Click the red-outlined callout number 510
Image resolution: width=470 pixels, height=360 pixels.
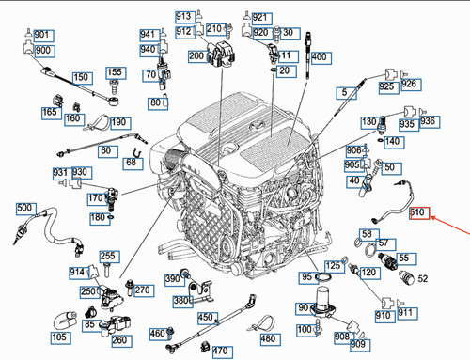[x=419, y=213]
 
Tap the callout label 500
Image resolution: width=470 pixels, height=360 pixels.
[x=24, y=208]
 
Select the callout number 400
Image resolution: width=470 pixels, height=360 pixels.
[x=319, y=57]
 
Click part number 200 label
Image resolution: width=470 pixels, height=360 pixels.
[x=196, y=56]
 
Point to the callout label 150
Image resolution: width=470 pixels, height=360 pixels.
[x=82, y=77]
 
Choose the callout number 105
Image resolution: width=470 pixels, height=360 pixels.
[x=58, y=337]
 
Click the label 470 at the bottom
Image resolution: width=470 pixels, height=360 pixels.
[x=221, y=351]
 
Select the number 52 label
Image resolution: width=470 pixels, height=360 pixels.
[x=422, y=278]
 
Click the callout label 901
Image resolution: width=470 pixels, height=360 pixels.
[x=41, y=35]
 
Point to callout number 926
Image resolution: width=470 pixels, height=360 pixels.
[x=408, y=84]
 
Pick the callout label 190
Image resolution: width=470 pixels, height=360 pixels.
[x=118, y=122]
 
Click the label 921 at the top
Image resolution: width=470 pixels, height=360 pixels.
[x=259, y=18]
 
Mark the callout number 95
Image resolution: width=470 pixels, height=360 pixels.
[x=306, y=277]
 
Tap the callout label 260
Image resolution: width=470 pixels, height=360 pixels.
[x=120, y=338]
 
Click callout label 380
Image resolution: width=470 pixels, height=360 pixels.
[x=180, y=301]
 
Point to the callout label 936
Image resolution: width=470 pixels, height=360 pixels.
[x=430, y=122]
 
